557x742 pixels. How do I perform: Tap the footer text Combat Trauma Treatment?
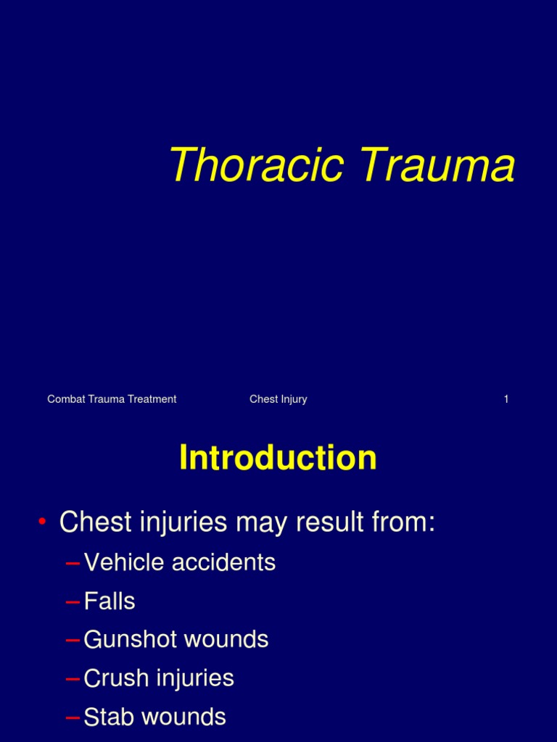112,399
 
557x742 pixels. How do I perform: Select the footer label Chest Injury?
278,399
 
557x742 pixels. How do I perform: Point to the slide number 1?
506,399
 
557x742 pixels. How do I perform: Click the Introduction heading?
278,458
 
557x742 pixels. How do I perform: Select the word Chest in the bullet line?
91,522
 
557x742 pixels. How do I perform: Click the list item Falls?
110,601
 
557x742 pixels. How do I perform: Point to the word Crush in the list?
111,679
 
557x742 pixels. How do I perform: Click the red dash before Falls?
73,602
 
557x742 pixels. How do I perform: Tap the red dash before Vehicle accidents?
73,563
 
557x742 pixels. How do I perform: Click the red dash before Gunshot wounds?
73,641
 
